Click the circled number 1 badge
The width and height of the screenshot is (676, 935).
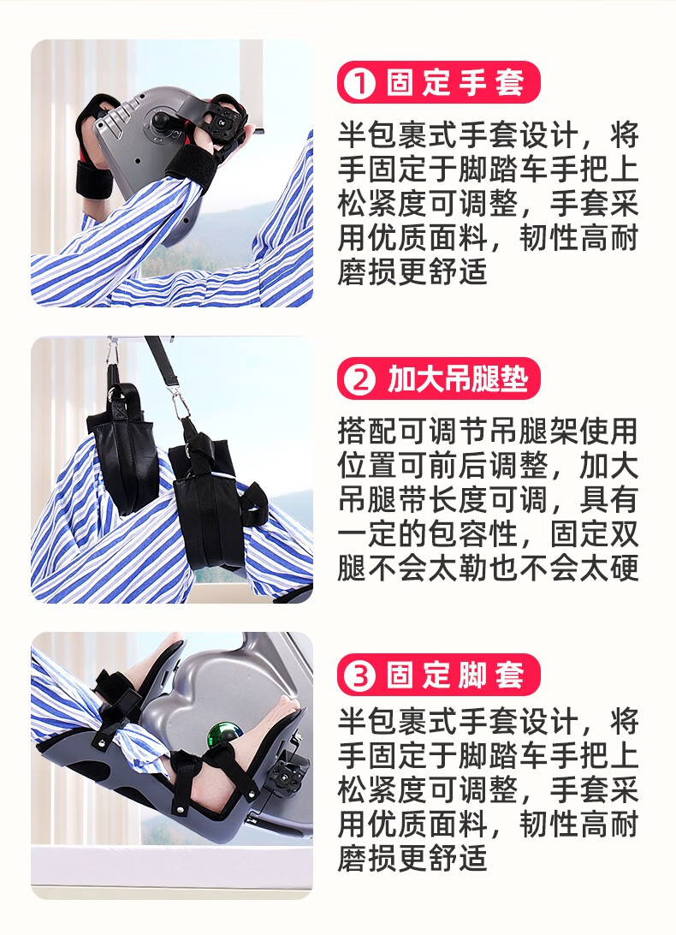point(359,84)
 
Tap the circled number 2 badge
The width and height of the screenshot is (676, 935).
point(359,379)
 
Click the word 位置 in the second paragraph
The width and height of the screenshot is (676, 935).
point(367,466)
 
